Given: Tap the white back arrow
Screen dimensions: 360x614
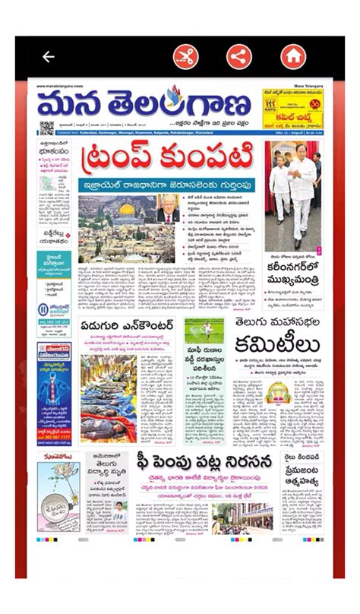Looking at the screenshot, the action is [49, 57].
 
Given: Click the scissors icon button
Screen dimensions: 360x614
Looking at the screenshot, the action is [185, 57].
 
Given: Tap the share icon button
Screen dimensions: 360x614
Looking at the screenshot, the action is [238, 57].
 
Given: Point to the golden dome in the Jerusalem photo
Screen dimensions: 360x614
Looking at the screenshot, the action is [127, 210].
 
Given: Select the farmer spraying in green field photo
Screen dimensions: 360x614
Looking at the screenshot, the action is [204, 331].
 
